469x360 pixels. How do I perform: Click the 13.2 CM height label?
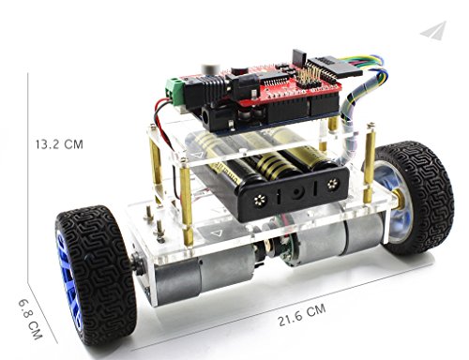59,144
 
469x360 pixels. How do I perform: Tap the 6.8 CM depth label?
30,320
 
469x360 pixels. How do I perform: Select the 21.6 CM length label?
302,315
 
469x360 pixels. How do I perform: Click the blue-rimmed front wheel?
97,275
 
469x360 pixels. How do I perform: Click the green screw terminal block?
174,87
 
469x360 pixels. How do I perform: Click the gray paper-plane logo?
434,30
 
